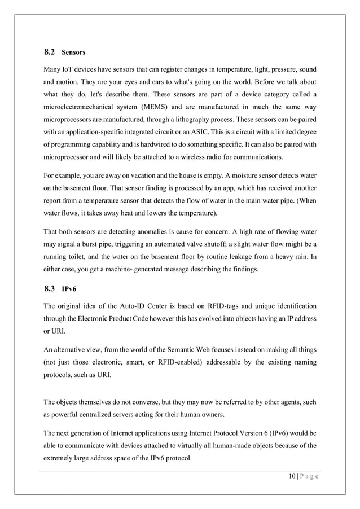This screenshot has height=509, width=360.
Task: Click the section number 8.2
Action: click(49, 52)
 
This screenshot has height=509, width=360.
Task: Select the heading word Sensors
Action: click(73, 52)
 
